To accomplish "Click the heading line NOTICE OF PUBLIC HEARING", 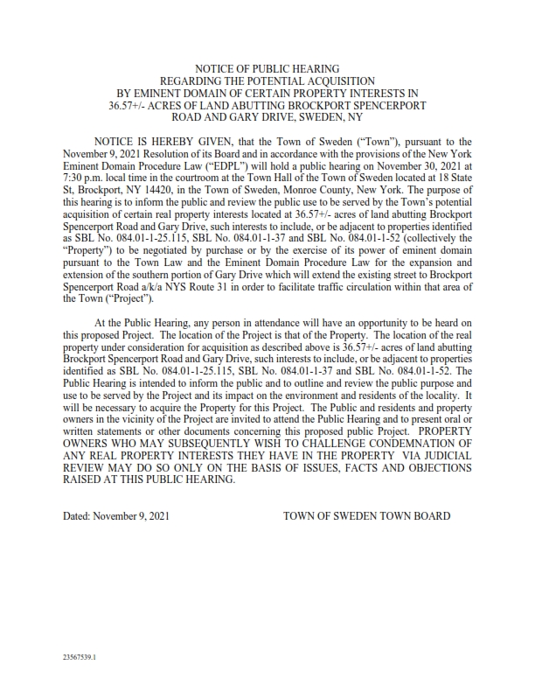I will click(267, 68).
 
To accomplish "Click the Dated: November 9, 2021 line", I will click(115, 516).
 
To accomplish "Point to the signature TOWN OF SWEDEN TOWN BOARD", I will click(367, 516).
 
